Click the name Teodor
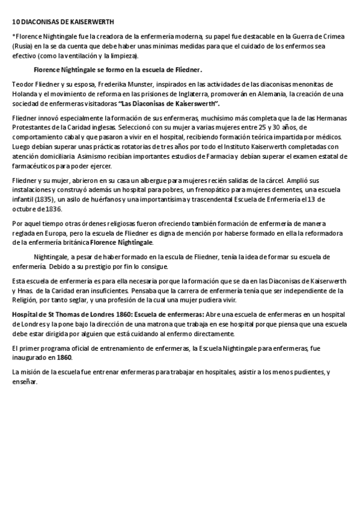[23, 84]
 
